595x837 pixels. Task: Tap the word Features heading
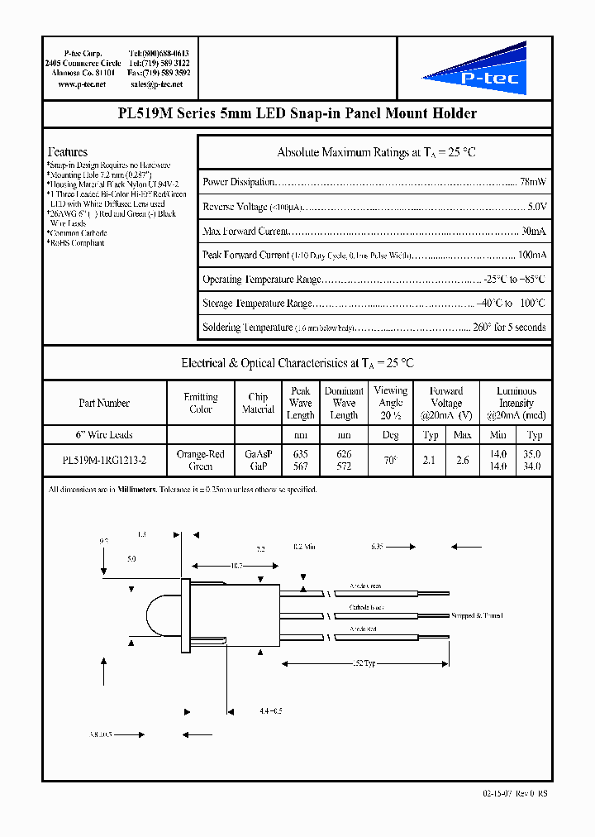coord(68,152)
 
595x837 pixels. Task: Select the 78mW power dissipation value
coord(532,182)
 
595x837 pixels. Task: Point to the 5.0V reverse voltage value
coord(535,207)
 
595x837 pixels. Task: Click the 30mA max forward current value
coord(533,231)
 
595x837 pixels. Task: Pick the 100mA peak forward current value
coord(531,256)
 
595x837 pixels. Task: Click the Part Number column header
coord(104,403)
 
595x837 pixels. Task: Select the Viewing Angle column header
coord(390,403)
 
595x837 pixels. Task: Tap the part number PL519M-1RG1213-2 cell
coord(104,461)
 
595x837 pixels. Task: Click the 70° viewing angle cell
coord(390,461)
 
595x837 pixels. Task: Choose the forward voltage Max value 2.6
coord(463,461)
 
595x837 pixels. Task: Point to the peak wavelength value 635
coord(301,454)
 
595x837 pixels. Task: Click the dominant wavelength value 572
coord(344,466)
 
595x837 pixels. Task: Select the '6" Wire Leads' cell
coord(104,435)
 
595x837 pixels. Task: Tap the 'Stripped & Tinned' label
coord(477,615)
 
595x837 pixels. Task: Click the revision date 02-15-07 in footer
coord(499,793)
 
